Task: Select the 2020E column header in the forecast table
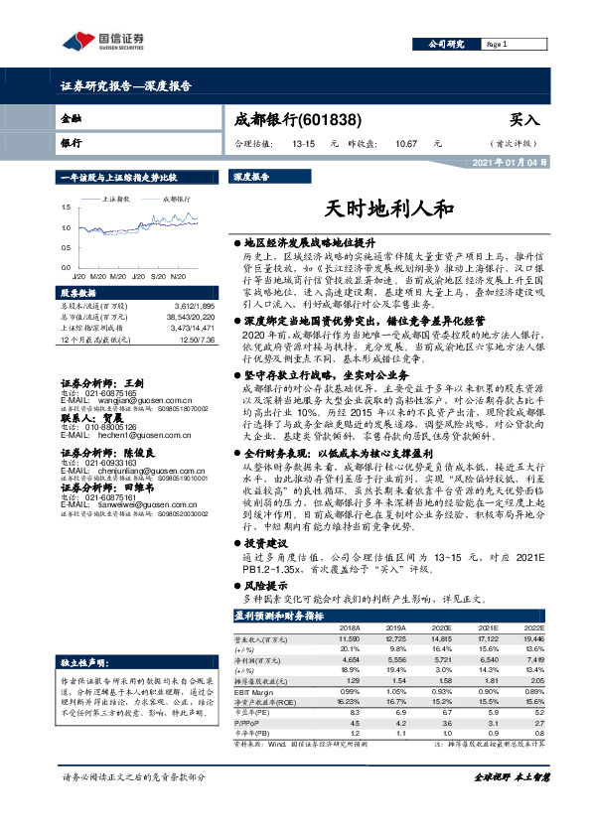click(441, 628)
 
